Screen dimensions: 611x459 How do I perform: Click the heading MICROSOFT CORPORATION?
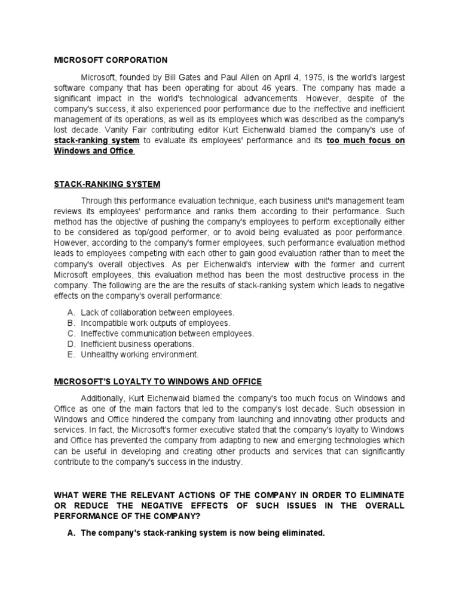pos(111,60)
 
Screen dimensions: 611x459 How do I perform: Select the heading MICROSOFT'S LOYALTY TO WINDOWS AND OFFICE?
pos(158,382)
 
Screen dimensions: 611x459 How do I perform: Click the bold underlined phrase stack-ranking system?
pos(97,141)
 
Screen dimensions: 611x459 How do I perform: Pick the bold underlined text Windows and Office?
pos(94,152)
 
